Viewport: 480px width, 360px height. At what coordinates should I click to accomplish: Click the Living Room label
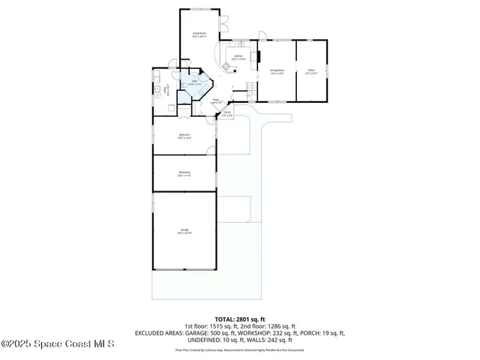point(199,34)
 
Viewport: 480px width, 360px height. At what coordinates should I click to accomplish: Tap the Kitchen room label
point(238,57)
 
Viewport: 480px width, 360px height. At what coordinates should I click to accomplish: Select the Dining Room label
point(277,71)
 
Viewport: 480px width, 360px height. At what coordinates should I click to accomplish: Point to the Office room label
point(312,71)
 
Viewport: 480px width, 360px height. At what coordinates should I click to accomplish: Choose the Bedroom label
point(184,136)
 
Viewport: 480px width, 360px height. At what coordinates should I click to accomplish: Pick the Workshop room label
point(184,173)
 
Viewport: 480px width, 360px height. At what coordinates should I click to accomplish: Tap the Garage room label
point(184,231)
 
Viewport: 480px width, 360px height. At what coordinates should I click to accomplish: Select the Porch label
point(226,115)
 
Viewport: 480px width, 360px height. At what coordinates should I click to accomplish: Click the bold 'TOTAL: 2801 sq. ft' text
point(240,319)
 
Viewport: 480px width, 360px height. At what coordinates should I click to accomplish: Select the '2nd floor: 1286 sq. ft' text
point(270,325)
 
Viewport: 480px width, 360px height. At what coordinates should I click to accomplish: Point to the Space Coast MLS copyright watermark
point(58,344)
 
